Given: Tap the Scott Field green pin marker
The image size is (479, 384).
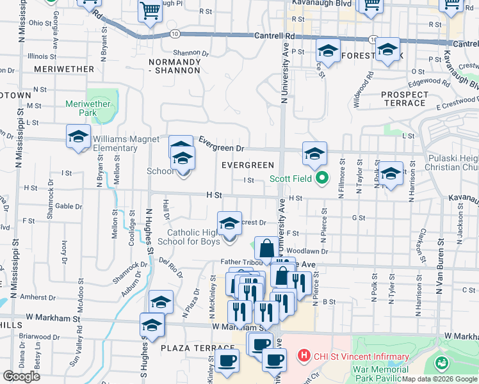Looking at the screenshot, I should click(322, 179).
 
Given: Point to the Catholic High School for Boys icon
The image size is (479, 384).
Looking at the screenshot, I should click(230, 223).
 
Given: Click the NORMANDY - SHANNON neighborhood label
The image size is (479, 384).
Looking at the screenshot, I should click(175, 66).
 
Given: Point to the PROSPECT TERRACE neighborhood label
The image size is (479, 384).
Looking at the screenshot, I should click(404, 99).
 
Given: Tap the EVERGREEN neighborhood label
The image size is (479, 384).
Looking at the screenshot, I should click(248, 165).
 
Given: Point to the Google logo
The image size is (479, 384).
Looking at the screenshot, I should click(21, 376).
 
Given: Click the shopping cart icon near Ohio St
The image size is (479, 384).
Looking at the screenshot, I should click(150, 11).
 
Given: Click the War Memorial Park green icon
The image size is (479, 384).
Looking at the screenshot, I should click(442, 364).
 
